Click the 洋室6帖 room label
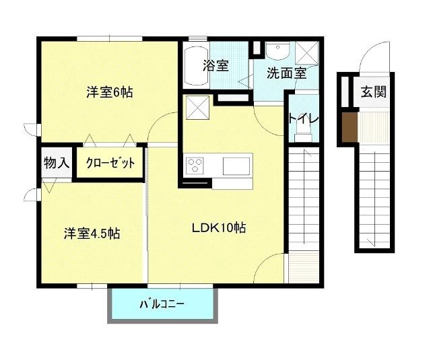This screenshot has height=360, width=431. click(x=108, y=92)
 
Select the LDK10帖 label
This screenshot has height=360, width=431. click(x=218, y=227)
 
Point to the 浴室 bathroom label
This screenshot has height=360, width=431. click(x=215, y=66)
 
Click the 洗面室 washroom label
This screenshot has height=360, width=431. click(x=286, y=73)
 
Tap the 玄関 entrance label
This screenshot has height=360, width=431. click(x=372, y=92)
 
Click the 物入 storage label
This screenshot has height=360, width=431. click(x=56, y=162)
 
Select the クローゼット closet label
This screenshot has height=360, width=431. click(x=110, y=163)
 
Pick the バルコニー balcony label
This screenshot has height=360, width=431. click(x=162, y=304)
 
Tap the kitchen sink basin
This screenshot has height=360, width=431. click(x=236, y=166)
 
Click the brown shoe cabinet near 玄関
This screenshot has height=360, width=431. click(x=348, y=129)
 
